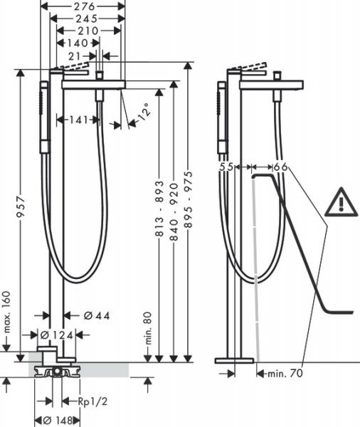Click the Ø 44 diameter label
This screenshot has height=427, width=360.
[x=88, y=316]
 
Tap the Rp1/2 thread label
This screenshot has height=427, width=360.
[x=92, y=401]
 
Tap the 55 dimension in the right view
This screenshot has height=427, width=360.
[x=226, y=167]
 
